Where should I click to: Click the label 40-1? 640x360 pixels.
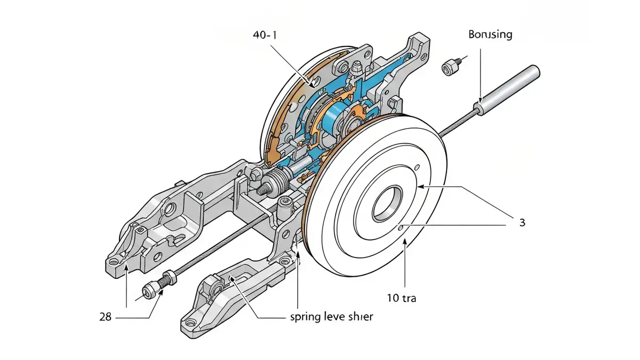(x=265, y=35)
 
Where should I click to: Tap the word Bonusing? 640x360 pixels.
(x=490, y=35)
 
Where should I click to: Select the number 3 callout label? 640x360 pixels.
(x=522, y=222)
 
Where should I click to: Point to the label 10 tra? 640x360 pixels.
(x=402, y=298)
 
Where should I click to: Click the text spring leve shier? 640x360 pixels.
(x=331, y=317)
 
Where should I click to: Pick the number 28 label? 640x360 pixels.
(x=105, y=317)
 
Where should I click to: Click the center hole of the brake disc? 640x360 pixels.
(x=388, y=203)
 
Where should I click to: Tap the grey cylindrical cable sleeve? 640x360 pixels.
(x=507, y=90)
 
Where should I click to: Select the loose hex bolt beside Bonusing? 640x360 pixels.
(x=451, y=67)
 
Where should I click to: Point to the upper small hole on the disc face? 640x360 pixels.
(x=417, y=167)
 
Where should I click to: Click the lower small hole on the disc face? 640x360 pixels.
(x=401, y=227)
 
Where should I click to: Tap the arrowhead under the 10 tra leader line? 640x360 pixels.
(x=405, y=243)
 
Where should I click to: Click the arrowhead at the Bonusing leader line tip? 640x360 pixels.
(x=480, y=101)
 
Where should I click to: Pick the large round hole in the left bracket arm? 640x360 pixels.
(x=170, y=209)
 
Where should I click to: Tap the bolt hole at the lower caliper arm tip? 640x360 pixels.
(x=190, y=323)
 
